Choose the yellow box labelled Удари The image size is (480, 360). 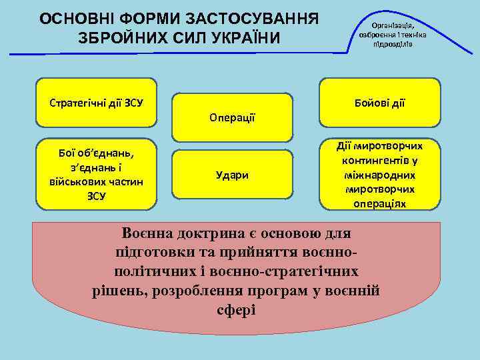click(232, 175)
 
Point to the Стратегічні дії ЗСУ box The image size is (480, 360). click(97, 103)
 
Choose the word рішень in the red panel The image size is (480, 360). click(119, 291)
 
